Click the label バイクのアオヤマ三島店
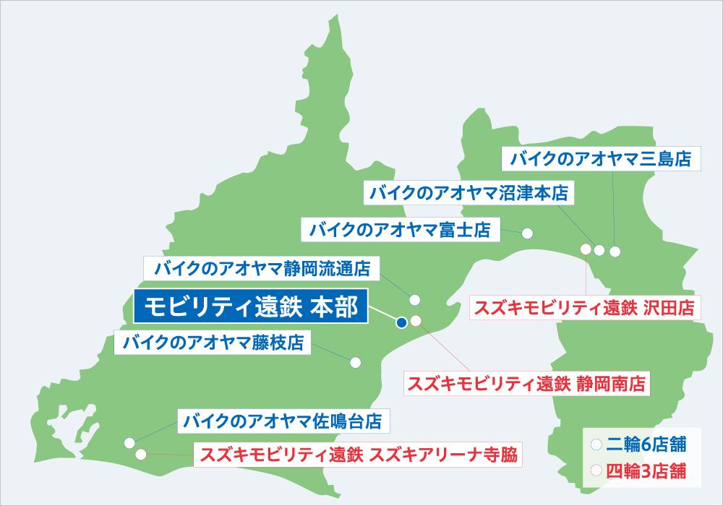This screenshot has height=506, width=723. coord(602,159)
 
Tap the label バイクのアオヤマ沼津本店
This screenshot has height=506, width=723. coord(469,193)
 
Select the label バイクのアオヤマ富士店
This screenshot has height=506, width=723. coord(400,231)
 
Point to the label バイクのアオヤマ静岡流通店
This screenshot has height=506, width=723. coord(262,269)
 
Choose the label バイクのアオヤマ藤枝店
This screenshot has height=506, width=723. coord(213,343)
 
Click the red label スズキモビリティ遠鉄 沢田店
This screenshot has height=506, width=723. coord(583,308)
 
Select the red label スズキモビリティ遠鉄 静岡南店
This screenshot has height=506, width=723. coord(527,382)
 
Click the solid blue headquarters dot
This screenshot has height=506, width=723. coord(401,323)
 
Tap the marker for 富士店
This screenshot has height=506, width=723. coord(527,233)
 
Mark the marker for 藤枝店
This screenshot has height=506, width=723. coord(355,362)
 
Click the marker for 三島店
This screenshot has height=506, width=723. coord(615,252)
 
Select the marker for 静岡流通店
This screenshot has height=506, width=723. coord(415,299)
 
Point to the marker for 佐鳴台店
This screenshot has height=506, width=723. coord(129,442)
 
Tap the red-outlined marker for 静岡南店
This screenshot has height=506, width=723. coord(416,321)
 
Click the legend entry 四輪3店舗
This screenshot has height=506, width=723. coord(637,472)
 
